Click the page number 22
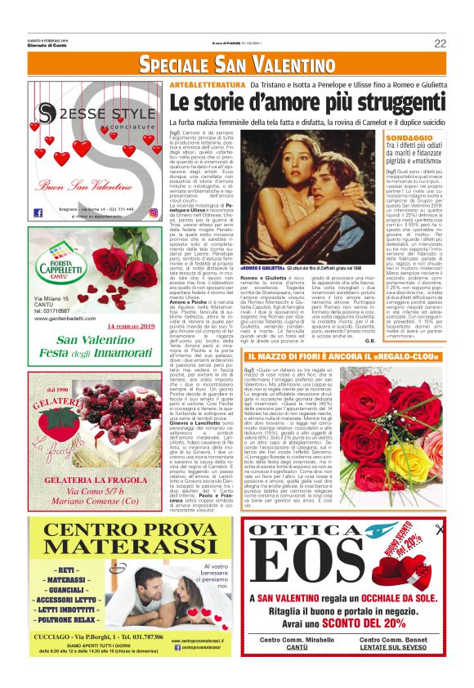pyautogui.click(x=440, y=43)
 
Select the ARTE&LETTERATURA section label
pyautogui.click(x=206, y=85)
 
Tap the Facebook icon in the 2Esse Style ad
pyautogui.click(x=38, y=212)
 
